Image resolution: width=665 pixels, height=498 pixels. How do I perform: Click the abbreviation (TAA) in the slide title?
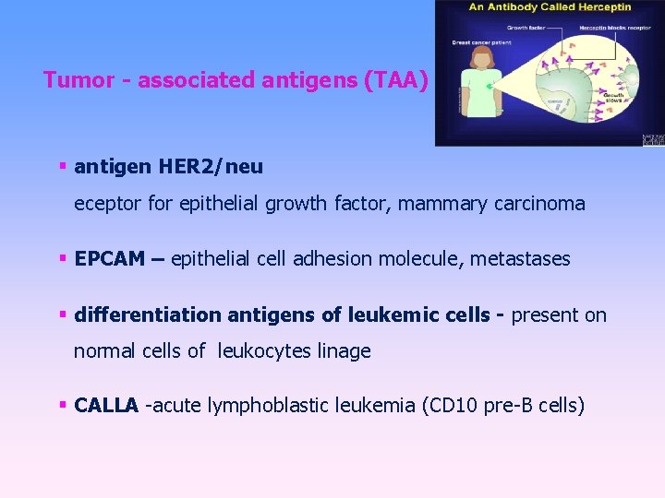[x=397, y=80]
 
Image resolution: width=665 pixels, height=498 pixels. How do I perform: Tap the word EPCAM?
[x=108, y=259]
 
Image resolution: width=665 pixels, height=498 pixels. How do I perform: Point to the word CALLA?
[x=106, y=405]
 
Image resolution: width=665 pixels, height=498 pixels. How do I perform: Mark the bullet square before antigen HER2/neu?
[x=63, y=167]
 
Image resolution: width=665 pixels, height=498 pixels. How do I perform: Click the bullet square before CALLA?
[x=63, y=405]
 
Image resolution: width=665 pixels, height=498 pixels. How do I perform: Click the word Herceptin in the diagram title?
[x=604, y=7]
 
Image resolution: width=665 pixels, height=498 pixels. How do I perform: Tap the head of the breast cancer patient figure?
[x=481, y=59]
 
